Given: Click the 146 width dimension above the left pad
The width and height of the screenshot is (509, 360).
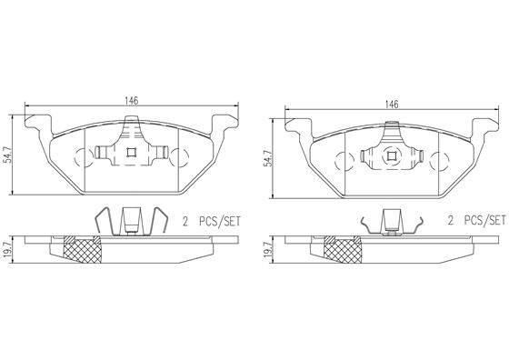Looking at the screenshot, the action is point(132,101).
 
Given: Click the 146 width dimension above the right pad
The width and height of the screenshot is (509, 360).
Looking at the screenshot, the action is point(392,105).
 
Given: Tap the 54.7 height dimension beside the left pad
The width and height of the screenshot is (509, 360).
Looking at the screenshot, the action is point(10,155).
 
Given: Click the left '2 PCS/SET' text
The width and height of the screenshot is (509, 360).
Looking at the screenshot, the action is point(212,222).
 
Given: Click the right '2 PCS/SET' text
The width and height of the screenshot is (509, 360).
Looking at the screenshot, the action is point(476,221).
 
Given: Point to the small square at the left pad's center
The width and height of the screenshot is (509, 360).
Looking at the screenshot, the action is point(131,152).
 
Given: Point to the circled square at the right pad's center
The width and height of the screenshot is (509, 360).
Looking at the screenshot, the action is point(391,156).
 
